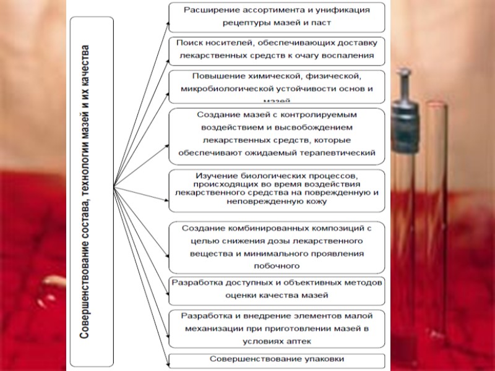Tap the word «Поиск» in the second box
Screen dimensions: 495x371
click(x=189, y=43)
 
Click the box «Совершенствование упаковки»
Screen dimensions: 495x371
click(x=276, y=359)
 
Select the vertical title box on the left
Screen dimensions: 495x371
click(x=92, y=192)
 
